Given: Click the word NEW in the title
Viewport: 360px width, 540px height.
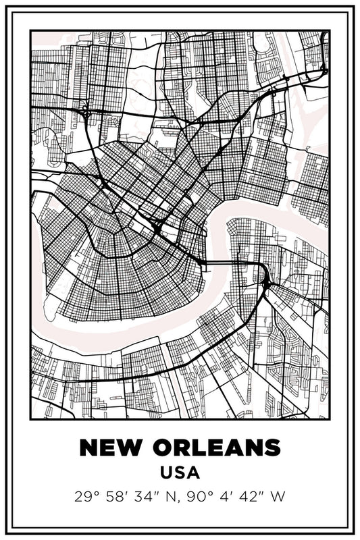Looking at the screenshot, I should pyautogui.click(x=110, y=448).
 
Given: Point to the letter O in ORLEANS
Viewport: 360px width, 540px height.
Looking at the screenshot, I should pyautogui.click(x=159, y=448).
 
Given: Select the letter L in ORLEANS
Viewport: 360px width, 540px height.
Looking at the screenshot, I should pyautogui.click(x=197, y=448).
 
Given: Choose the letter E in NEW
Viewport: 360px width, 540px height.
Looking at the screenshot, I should pyautogui.click(x=108, y=448).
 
